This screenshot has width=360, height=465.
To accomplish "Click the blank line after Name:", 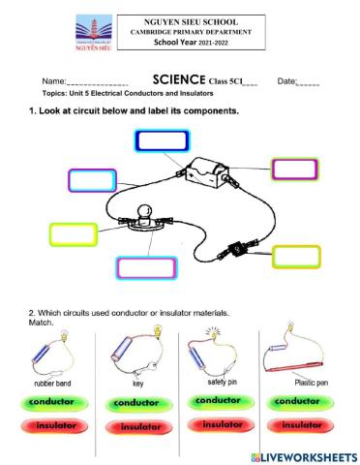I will (x=97, y=83).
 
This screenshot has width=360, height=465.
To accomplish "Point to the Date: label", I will (x=287, y=81).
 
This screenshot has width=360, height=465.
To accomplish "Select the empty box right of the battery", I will (x=295, y=170).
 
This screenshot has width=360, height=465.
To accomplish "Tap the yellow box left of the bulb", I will (x=74, y=233).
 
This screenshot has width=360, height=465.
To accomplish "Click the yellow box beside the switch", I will (x=296, y=256).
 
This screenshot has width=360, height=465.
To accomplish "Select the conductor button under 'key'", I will (x=139, y=402).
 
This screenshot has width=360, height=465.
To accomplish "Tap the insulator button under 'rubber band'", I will (x=57, y=425).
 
